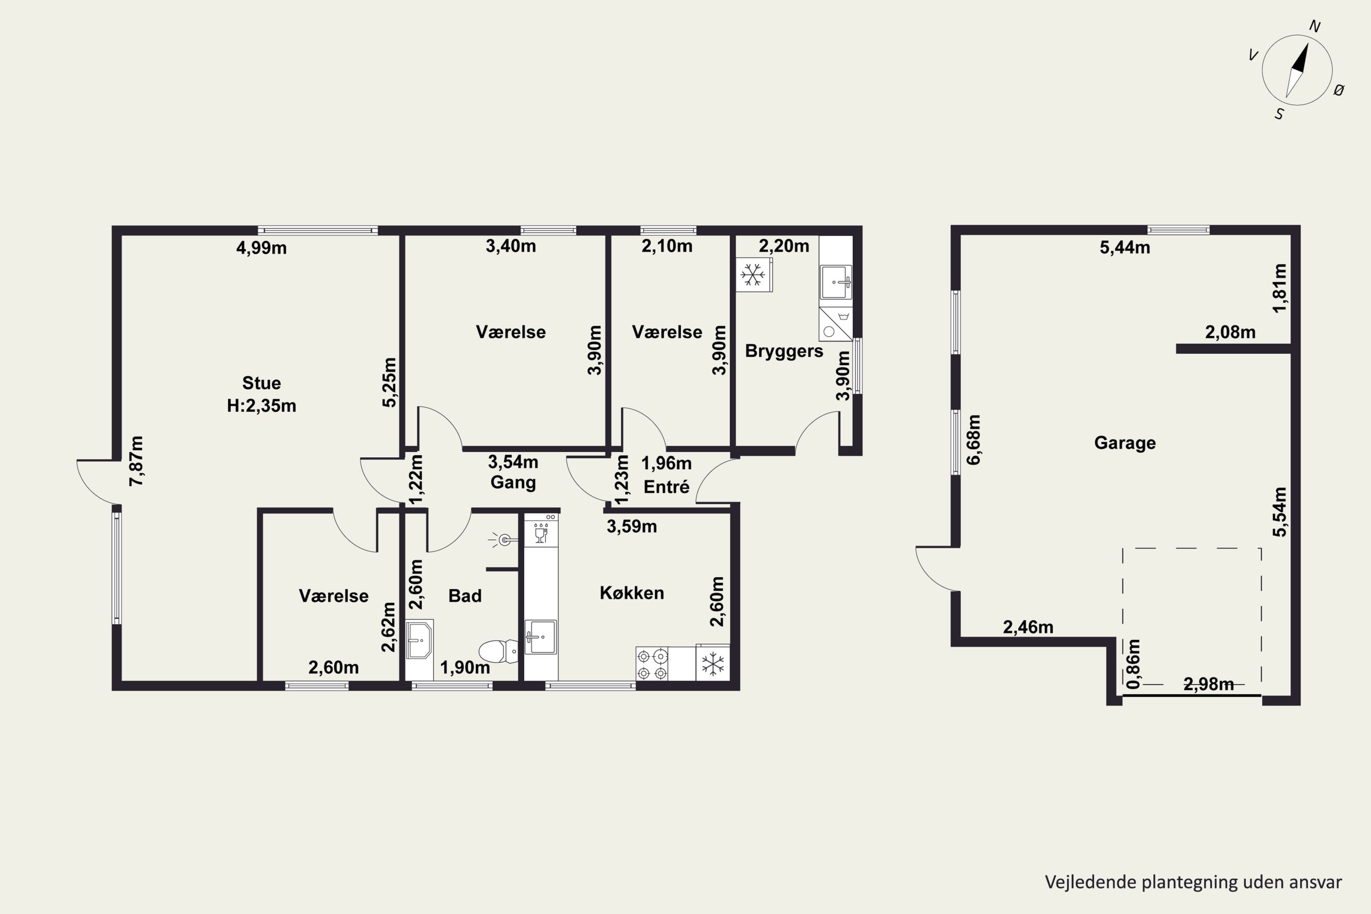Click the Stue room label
tap(261, 383)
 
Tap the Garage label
tap(1125, 443)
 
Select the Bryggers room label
tap(784, 351)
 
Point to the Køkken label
tap(632, 593)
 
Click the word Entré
tap(666, 487)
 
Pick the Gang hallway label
tap(513, 483)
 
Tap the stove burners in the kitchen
tap(652, 664)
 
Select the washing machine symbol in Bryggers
tap(835, 324)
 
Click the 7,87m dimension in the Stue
tap(136, 461)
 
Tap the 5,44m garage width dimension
tap(1125, 248)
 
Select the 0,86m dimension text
tap(1133, 664)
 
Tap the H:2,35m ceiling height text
tap(261, 406)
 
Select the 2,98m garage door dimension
tap(1208, 684)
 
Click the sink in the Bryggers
tap(836, 282)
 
